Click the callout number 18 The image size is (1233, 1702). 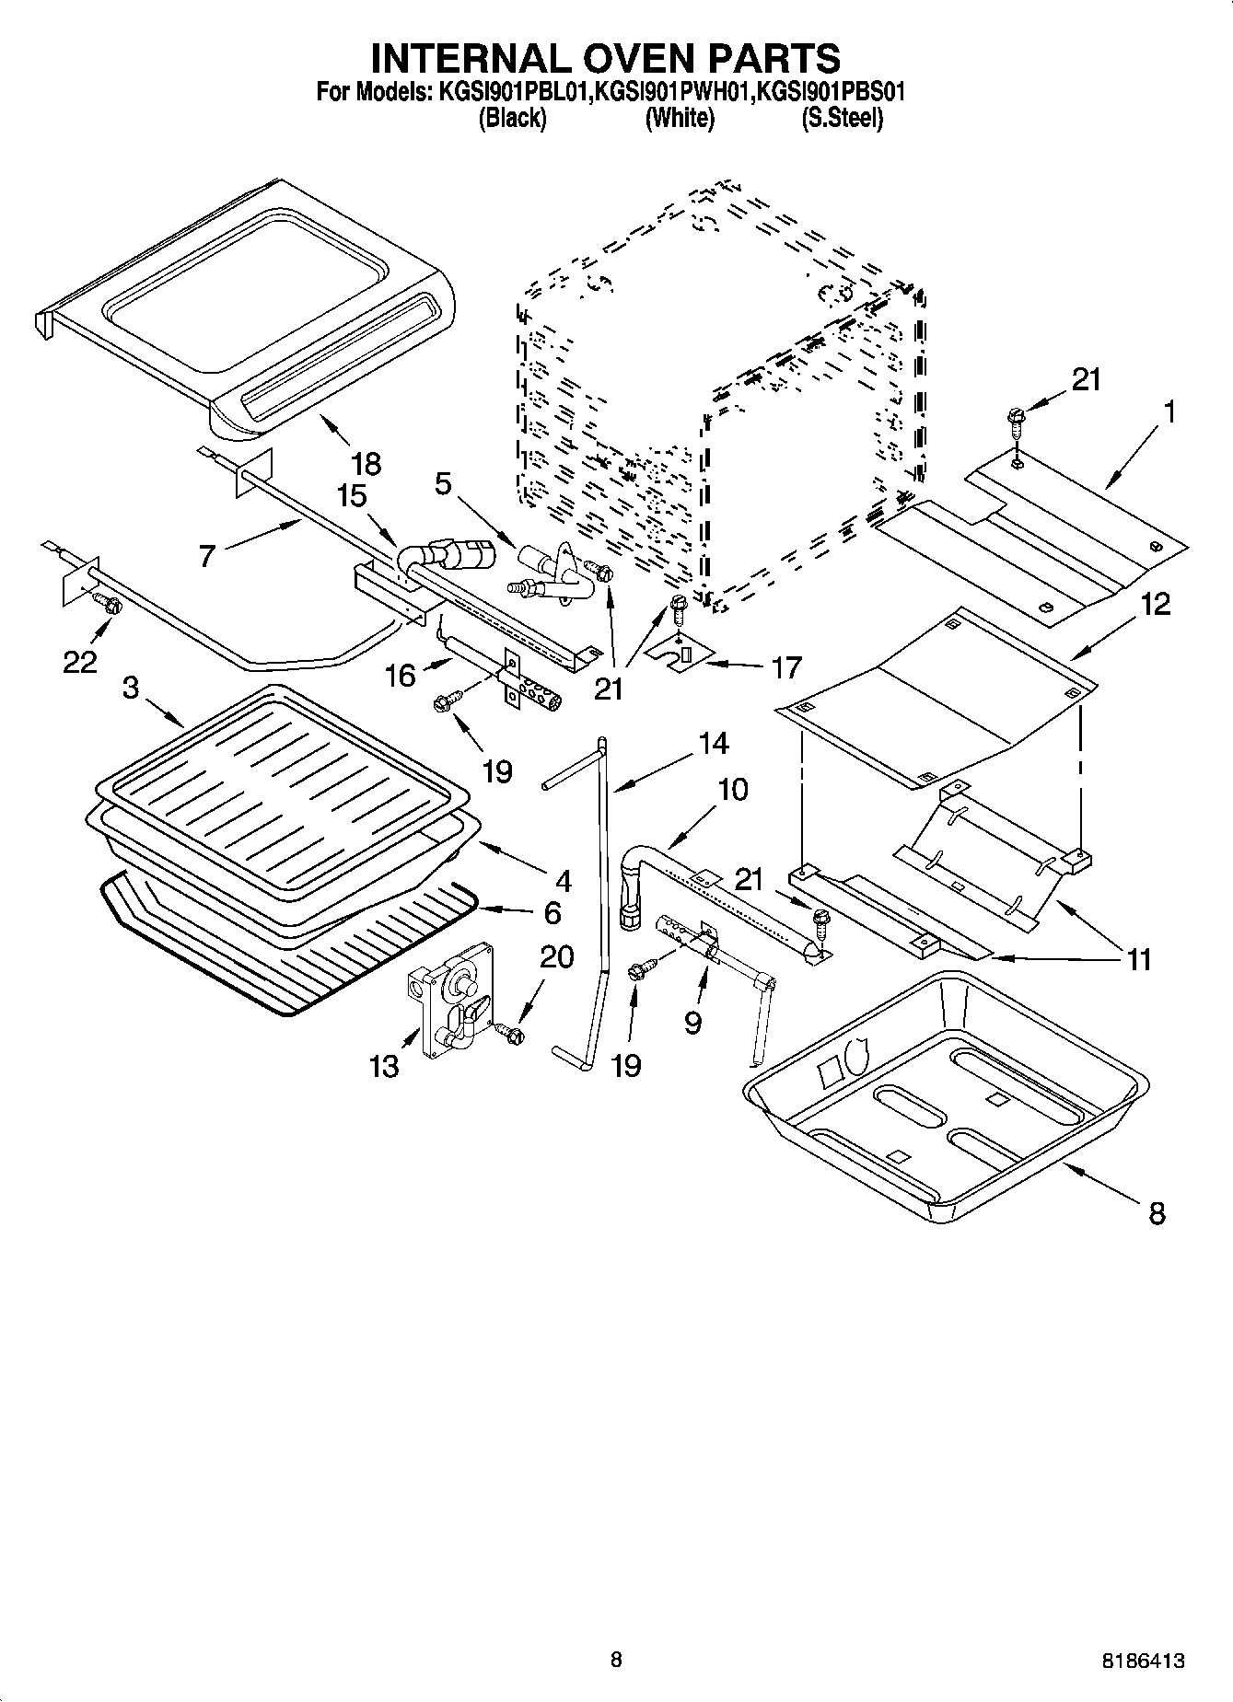click(x=366, y=463)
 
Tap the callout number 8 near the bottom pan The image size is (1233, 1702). click(x=1157, y=1213)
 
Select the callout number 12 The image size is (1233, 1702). click(x=1156, y=604)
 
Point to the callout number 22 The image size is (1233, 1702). click(x=80, y=661)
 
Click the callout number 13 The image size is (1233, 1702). click(x=384, y=1066)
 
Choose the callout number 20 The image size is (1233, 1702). click(x=556, y=957)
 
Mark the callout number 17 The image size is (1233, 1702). click(x=785, y=666)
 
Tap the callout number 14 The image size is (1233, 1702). click(x=713, y=743)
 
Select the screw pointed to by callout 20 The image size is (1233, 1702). click(x=509, y=1035)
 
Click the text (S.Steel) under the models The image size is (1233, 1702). click(x=842, y=119)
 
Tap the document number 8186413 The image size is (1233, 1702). click(x=1140, y=1661)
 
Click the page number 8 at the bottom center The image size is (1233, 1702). click(x=616, y=1660)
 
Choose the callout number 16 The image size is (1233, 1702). click(x=401, y=677)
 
